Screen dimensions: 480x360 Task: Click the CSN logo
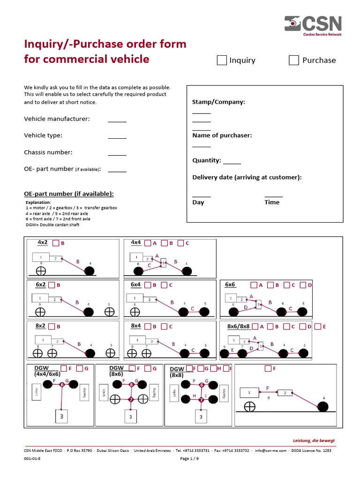[x=314, y=25]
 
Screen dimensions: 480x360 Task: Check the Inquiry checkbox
[x=222, y=60]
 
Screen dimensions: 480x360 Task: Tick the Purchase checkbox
[x=294, y=60]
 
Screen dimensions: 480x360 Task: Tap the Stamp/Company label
[x=218, y=102]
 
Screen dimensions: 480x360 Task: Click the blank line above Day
[x=202, y=196]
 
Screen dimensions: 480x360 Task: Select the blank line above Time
[x=274, y=196]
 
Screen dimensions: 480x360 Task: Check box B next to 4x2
[x=55, y=243]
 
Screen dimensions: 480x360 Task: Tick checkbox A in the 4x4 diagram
[x=148, y=243]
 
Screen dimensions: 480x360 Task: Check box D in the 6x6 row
[x=303, y=285]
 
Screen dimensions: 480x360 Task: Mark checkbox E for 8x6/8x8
[x=318, y=326]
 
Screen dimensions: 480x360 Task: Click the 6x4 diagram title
[x=135, y=285]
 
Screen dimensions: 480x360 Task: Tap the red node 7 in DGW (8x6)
[x=131, y=400]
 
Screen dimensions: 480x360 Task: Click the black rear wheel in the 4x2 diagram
[x=89, y=270]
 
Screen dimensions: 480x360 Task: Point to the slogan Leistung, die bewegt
[x=314, y=441]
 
